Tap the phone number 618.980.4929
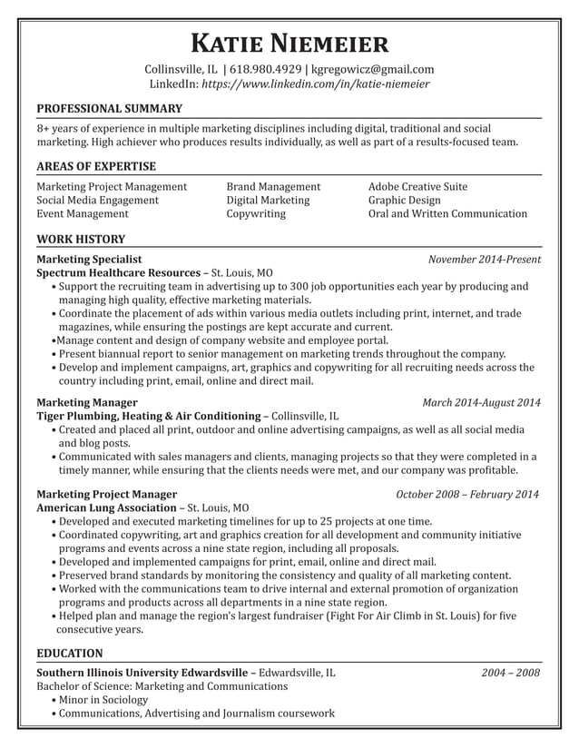[x=263, y=69]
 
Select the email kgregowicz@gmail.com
[x=372, y=69]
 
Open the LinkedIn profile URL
[x=315, y=84]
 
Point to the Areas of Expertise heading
[x=96, y=166]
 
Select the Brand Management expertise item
[x=273, y=186]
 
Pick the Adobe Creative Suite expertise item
[x=417, y=186]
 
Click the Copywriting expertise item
[x=256, y=214]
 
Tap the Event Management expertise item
[x=83, y=214]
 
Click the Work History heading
[x=81, y=240]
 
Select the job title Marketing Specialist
[x=89, y=259]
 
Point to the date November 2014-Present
[x=485, y=259]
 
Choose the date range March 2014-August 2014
[x=481, y=402]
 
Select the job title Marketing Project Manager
[x=106, y=494]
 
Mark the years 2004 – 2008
[x=511, y=673]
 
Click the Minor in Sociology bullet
[x=103, y=700]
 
